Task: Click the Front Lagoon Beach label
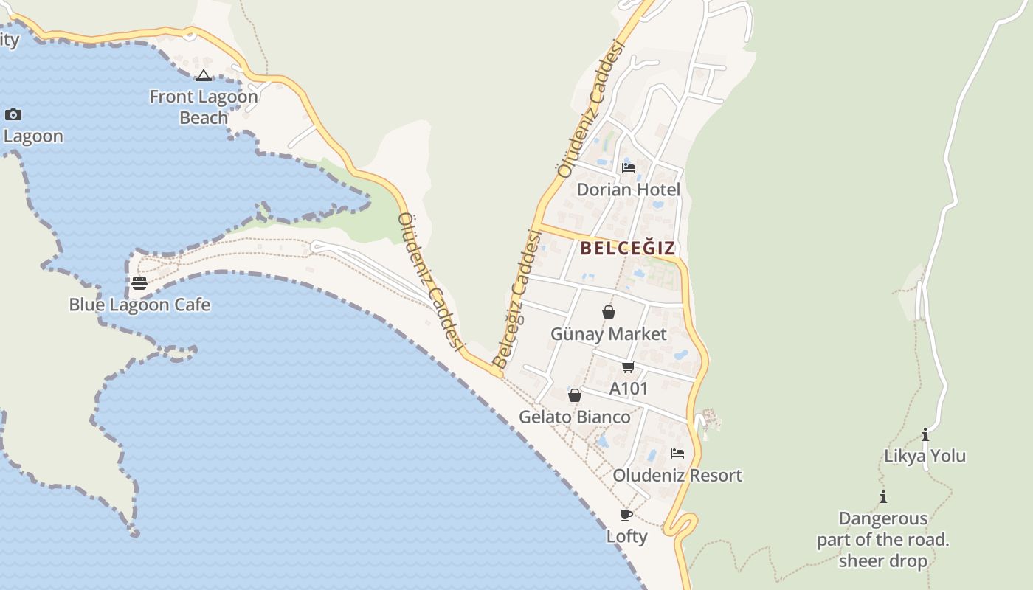pos(204,107)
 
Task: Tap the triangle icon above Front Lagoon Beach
pos(204,75)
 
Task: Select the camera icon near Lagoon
pos(13,114)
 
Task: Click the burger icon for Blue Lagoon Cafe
pos(139,283)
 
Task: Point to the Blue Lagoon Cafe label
pos(139,305)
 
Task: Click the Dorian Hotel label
pos(629,190)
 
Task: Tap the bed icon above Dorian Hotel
pos(629,168)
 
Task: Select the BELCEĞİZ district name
pos(628,248)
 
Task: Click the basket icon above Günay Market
pos(609,313)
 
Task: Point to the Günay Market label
pos(609,334)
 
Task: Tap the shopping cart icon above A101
pos(629,367)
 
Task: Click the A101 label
pos(629,388)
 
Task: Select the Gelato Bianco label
pos(575,417)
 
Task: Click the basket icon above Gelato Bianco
pos(575,396)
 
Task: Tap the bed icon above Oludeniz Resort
pos(677,454)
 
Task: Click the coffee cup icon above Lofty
pos(626,515)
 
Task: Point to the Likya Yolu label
pos(925,456)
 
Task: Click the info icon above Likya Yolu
pos(925,435)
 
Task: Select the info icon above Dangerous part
pos(883,497)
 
